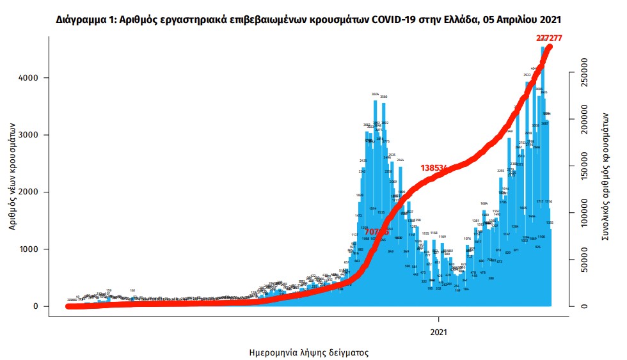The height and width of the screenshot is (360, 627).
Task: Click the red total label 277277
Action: [548, 38]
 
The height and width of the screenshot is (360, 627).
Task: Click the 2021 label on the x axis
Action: [438, 332]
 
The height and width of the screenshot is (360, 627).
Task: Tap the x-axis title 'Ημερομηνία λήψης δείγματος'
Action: [308, 352]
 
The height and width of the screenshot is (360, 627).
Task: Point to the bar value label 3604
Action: [376, 94]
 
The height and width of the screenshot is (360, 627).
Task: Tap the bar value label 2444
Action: [401, 160]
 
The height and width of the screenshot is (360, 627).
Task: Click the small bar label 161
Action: [132, 290]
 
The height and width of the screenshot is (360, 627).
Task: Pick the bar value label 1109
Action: [442, 237]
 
